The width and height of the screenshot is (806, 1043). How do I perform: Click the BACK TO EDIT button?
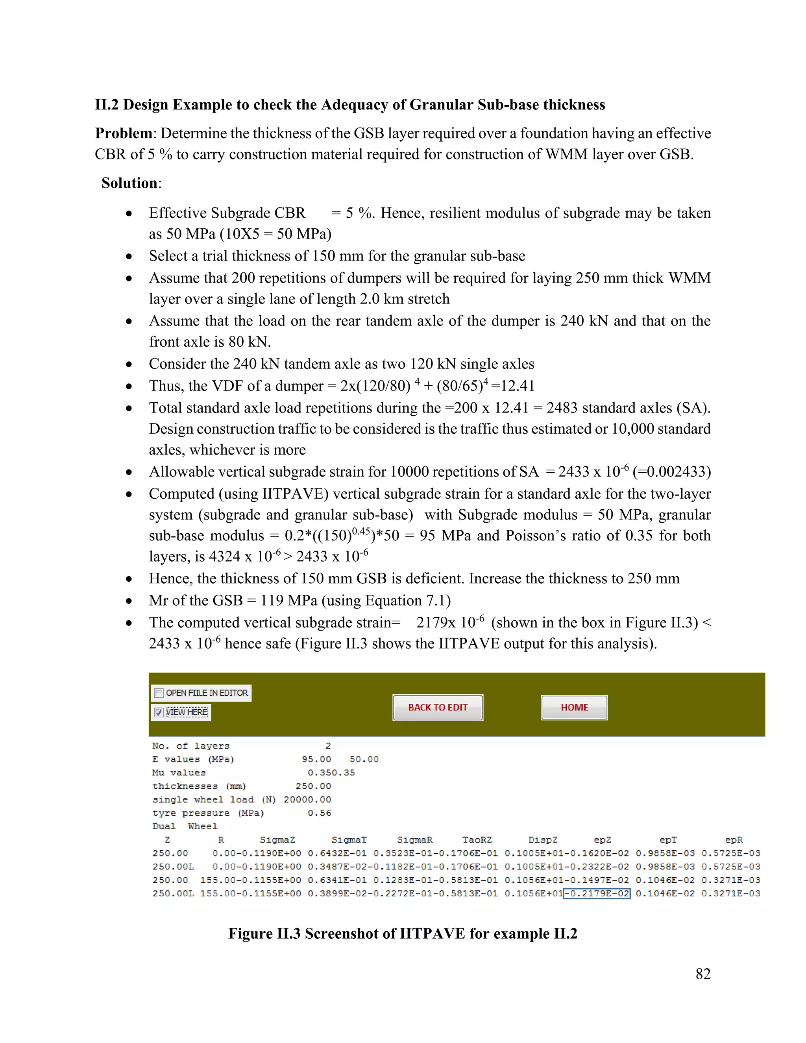pos(437,707)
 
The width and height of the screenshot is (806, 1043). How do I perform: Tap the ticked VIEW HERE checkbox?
pos(159,712)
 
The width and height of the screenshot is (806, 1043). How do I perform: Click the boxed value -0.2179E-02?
pos(597,893)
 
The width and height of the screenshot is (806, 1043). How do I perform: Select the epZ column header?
pos(602,840)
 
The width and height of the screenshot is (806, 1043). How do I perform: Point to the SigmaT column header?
pos(349,840)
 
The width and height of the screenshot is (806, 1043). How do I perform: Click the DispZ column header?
pos(542,840)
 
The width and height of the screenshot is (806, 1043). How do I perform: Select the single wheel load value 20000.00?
pos(307,799)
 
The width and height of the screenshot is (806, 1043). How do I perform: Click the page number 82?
pos(703,974)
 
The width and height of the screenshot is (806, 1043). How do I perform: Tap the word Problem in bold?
pos(124,133)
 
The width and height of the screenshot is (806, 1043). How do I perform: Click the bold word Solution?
pos(129,183)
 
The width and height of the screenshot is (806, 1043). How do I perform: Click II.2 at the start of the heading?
pos(107,105)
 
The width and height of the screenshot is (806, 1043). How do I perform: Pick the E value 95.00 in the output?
pos(316,759)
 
